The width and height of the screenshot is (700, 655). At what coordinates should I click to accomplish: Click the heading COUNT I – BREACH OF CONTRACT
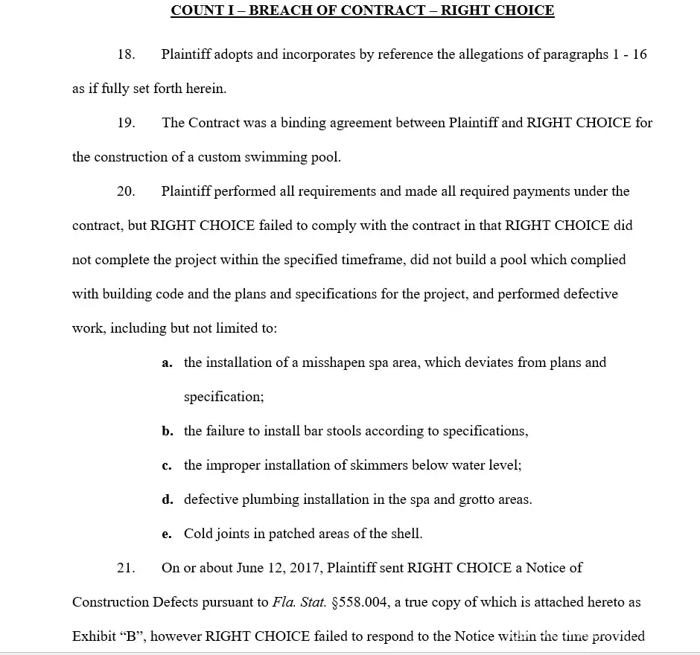pyautogui.click(x=362, y=10)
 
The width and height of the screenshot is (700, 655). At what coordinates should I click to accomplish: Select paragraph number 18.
pyautogui.click(x=126, y=54)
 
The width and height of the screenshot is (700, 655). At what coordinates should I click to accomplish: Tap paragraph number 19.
pyautogui.click(x=126, y=123)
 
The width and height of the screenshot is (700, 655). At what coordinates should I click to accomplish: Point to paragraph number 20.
pyautogui.click(x=126, y=191)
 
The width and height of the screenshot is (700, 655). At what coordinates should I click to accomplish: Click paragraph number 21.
pyautogui.click(x=126, y=568)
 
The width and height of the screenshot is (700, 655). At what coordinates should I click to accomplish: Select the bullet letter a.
pyautogui.click(x=167, y=363)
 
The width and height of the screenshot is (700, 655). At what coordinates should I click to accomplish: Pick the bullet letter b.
pyautogui.click(x=168, y=432)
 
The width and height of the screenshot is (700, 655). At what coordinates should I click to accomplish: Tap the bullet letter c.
pyautogui.click(x=167, y=466)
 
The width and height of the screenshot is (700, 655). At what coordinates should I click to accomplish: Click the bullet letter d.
pyautogui.click(x=168, y=500)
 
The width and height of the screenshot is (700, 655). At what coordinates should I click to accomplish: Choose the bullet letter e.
pyautogui.click(x=167, y=534)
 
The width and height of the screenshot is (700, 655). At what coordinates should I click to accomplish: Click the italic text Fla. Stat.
pyautogui.click(x=300, y=602)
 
